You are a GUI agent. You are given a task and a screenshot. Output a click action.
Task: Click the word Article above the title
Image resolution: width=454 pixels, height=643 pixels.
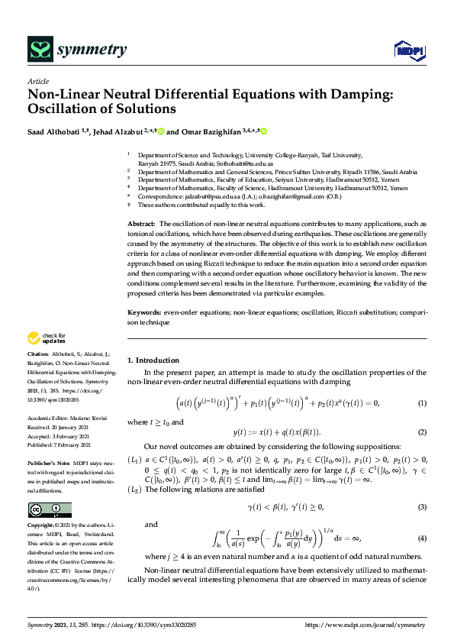37,81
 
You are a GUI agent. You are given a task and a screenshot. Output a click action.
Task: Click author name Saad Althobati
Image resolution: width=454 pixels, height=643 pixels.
56,131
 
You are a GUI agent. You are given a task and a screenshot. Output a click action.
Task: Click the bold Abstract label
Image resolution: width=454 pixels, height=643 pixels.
142,221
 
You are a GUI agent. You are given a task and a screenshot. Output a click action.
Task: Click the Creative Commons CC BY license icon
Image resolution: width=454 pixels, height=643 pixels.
50,510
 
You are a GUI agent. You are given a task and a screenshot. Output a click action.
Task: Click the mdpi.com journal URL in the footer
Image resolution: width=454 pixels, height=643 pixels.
365,625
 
